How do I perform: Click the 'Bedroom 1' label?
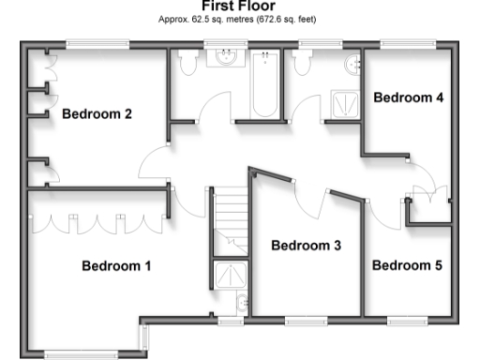coord(116,265)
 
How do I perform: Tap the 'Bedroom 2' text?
coord(97,114)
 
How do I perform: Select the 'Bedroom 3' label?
coord(306,246)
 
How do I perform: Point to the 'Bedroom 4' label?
coord(408,97)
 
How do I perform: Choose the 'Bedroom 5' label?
coord(407,265)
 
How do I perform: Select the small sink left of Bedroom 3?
coord(243,302)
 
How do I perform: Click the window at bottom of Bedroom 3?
coord(309,321)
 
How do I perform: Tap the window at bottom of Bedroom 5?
coord(409,321)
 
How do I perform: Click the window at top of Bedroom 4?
coord(406,43)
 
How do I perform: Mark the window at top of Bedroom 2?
coord(92,43)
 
